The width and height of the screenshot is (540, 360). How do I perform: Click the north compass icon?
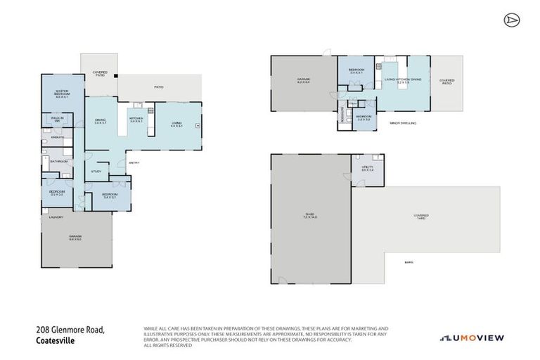tap(510, 20)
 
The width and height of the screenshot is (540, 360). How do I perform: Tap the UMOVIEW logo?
tap(472, 338)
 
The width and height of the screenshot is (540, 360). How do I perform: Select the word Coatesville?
tap(55, 340)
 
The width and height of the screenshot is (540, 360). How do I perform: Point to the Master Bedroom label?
tap(61, 94)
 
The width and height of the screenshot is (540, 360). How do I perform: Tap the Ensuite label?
tap(58, 137)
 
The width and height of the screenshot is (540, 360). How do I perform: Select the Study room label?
tap(96, 171)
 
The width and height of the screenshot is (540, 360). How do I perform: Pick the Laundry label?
tap(56, 217)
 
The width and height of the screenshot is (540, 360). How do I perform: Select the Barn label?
tap(408, 262)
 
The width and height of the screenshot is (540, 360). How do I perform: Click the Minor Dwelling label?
tap(404, 122)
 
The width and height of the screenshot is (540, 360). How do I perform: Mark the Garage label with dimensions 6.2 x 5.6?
tap(303, 80)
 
